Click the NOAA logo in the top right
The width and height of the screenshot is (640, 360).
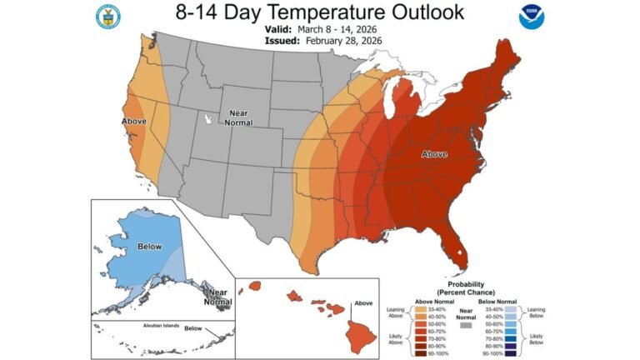[x=530, y=17]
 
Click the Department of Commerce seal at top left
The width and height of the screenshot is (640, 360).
[x=107, y=17]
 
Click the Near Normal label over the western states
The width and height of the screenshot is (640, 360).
[x=239, y=117]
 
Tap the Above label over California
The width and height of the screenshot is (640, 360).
[x=133, y=122]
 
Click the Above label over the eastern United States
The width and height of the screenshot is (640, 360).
[x=434, y=154]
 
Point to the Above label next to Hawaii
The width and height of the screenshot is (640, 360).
[x=362, y=303]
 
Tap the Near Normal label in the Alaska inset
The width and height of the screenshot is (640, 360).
[x=217, y=296]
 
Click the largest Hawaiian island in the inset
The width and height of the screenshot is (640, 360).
[x=361, y=335]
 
